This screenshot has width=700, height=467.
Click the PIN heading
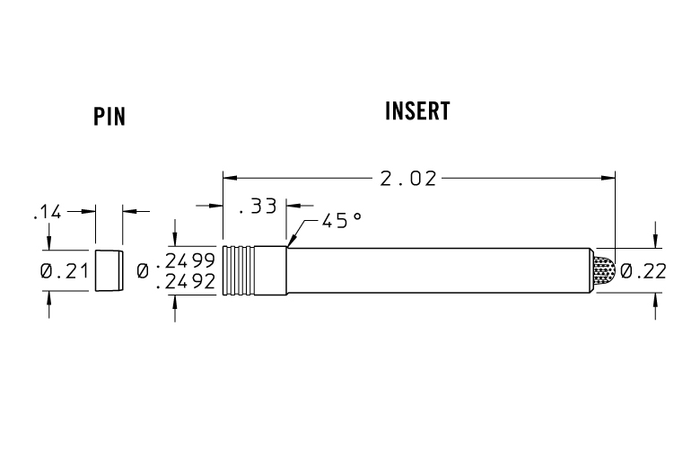pos(109,118)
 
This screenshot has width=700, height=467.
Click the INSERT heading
pos(417,111)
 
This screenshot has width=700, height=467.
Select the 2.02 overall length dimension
pos(408,179)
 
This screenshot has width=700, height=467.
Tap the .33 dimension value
pos(258,207)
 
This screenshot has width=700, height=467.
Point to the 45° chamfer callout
pos(342,221)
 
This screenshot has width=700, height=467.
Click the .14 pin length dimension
pos(46,212)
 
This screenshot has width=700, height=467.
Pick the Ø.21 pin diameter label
pos(63,270)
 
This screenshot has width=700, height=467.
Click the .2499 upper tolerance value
pos(186,260)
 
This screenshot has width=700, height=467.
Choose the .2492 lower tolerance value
pos(186,281)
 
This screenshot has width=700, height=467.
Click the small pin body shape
pos(107,269)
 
